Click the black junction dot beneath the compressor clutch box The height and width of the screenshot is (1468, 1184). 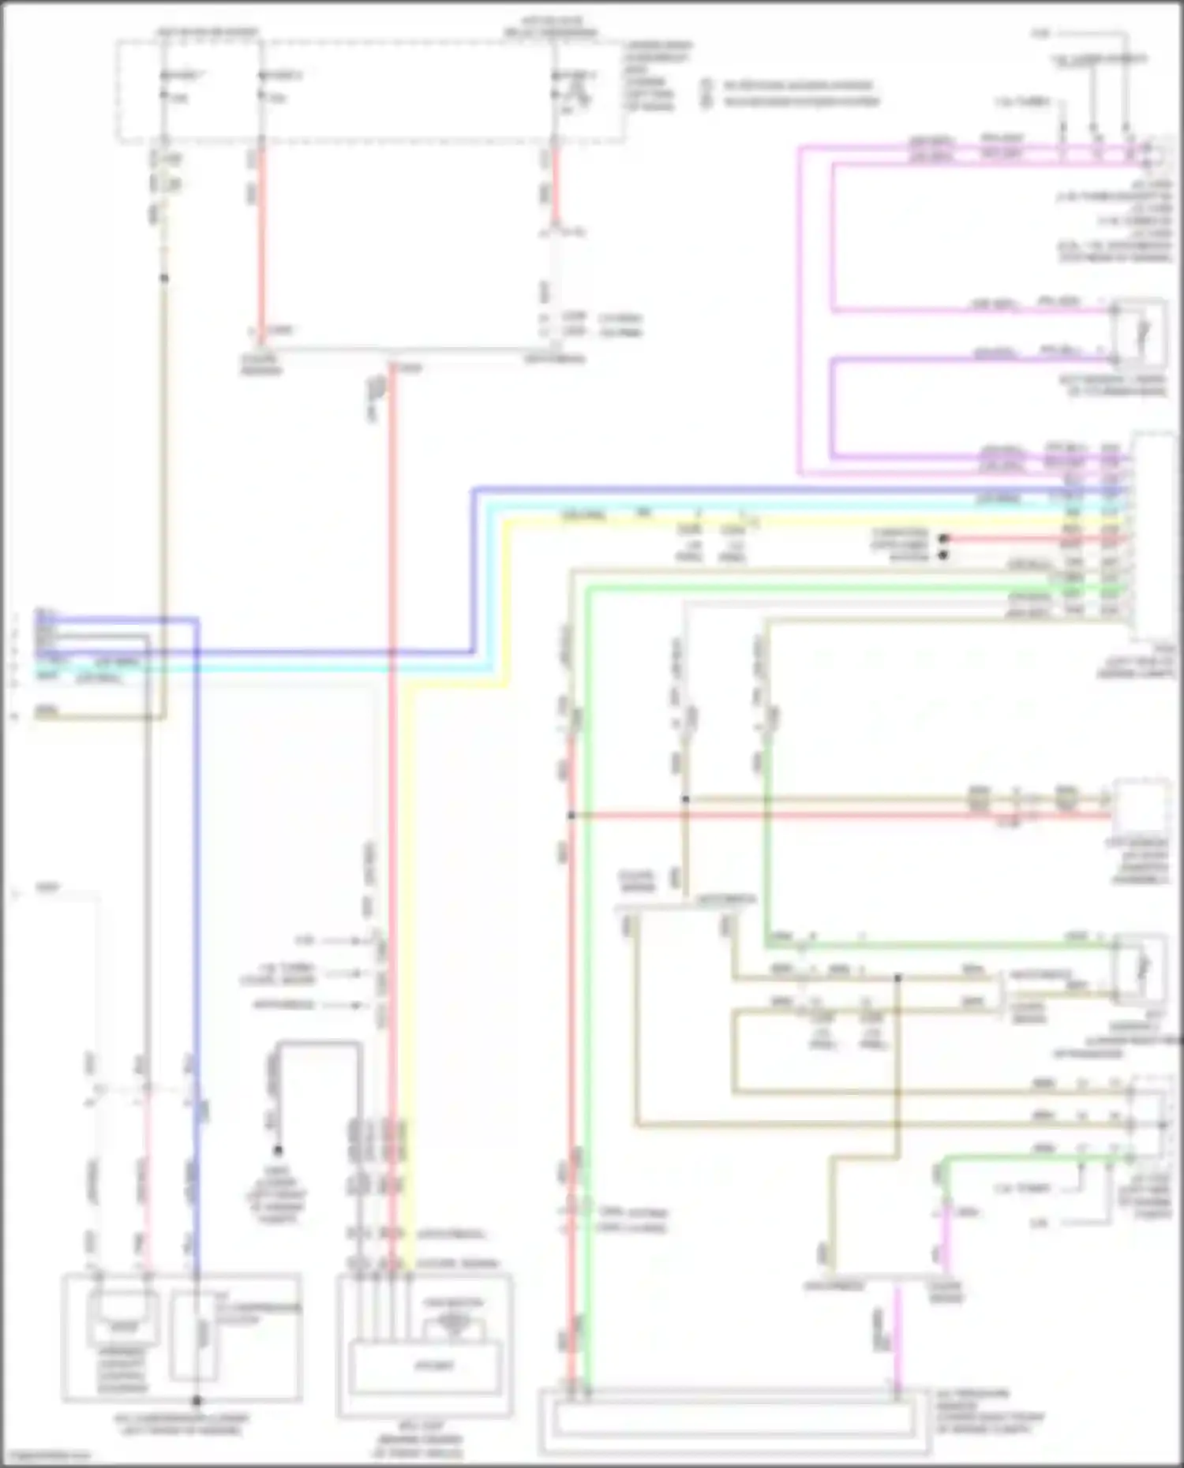click(x=197, y=1401)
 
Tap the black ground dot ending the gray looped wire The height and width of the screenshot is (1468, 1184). click(x=278, y=1150)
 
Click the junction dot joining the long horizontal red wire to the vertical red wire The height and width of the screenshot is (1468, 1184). click(x=571, y=815)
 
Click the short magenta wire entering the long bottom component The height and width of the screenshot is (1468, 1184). click(x=896, y=1341)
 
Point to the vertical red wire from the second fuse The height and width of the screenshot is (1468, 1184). click(x=261, y=237)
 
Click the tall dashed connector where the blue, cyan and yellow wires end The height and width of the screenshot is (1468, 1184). click(x=1154, y=536)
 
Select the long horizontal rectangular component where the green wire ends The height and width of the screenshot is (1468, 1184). click(x=734, y=1421)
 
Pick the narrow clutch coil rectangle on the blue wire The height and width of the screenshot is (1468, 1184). click(x=203, y=1333)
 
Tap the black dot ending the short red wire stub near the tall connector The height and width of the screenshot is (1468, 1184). click(x=942, y=539)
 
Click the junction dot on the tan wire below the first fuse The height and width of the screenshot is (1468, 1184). click(x=164, y=278)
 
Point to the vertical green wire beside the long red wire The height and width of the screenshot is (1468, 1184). click(x=588, y=1025)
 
